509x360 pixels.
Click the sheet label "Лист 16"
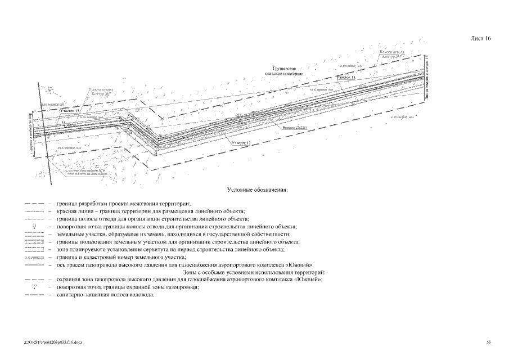(480, 39)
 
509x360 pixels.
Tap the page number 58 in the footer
(488, 343)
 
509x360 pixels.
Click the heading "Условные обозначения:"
(256, 190)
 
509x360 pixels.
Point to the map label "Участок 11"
(346, 77)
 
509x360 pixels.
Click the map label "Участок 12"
(241, 143)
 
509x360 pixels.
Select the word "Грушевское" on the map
(286, 68)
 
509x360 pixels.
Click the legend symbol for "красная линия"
(34, 210)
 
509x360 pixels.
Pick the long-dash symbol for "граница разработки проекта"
(34, 203)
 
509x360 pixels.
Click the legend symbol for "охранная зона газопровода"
(34, 280)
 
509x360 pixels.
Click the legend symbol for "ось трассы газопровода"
(34, 264)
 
